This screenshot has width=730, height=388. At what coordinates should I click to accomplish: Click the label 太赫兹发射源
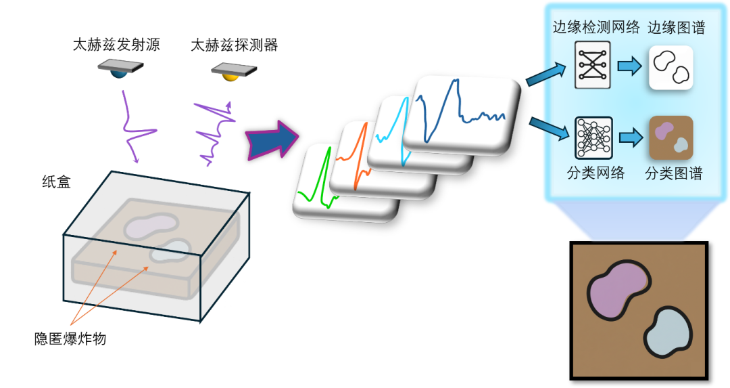[x=116, y=45]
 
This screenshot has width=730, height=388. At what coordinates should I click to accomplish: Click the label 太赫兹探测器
[x=234, y=45]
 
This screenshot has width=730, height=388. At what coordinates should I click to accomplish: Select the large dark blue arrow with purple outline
[x=272, y=139]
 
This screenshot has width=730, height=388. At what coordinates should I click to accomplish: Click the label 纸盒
[x=56, y=181]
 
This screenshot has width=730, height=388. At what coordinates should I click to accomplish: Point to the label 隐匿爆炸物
[x=70, y=338]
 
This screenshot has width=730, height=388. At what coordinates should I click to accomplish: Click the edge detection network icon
[x=592, y=65]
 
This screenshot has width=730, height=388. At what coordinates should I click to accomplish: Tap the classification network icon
[x=593, y=137]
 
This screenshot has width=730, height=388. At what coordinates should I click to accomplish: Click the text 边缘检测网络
[x=596, y=28]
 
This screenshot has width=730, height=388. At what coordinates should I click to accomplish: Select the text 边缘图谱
[x=676, y=28]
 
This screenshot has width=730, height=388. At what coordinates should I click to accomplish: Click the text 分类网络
[x=595, y=173]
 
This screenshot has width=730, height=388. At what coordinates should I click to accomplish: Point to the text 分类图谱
[x=673, y=173]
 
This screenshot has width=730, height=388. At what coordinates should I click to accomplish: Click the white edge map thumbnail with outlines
[x=671, y=68]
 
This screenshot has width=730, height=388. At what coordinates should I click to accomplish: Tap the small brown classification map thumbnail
[x=671, y=137]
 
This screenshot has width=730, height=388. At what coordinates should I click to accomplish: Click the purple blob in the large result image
[x=617, y=290]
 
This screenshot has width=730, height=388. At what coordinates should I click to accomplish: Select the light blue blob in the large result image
[x=668, y=332]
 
